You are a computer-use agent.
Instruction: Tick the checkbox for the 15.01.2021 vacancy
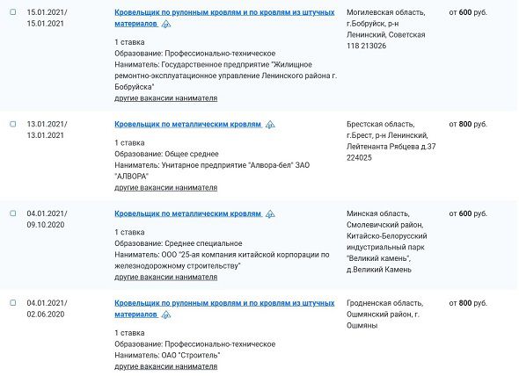12,12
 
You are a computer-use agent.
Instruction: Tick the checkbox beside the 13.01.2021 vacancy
12,124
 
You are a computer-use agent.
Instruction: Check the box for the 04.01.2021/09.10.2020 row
12,213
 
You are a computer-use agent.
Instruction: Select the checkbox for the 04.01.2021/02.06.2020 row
12,302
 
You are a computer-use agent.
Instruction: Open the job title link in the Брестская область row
187,125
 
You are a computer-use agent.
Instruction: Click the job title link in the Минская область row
187,213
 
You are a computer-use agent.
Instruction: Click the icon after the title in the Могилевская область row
165,25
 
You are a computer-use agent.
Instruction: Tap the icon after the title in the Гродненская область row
165,315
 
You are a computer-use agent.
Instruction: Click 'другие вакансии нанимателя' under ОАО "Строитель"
165,365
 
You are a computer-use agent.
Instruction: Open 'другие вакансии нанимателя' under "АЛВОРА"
165,187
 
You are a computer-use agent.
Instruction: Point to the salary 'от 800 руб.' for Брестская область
467,125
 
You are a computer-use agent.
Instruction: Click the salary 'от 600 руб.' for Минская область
467,213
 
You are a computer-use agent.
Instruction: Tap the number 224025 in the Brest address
360,158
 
